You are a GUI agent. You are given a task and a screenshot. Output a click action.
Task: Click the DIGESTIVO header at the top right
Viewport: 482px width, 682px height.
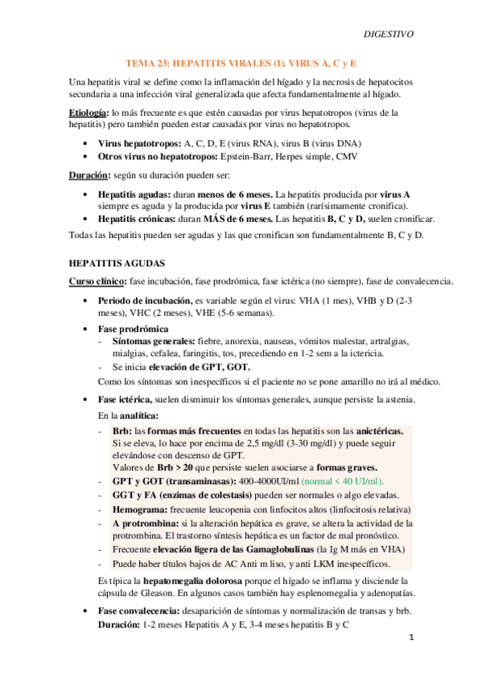(389, 35)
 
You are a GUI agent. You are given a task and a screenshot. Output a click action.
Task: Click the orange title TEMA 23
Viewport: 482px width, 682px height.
(241, 62)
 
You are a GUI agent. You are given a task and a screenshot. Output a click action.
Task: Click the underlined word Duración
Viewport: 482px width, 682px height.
(88, 175)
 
